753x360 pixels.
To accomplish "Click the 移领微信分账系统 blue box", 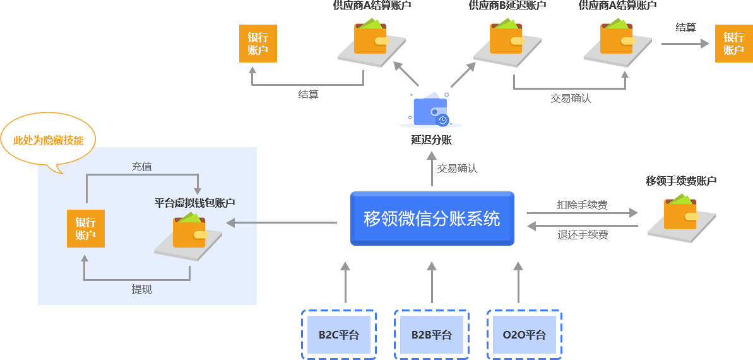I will click(432, 219).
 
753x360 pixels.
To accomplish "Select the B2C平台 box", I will click(339, 335).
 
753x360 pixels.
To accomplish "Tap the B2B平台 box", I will click(432, 335).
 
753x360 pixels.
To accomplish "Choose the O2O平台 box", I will click(524, 335).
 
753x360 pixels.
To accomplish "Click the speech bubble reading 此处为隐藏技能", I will click(49, 141).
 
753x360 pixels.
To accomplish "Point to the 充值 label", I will click(141, 167).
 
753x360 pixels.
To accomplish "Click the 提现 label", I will click(141, 289).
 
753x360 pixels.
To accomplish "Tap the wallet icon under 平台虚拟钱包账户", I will click(190, 233).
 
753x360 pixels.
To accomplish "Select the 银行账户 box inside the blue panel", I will click(85, 229).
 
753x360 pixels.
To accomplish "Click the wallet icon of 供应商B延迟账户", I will click(507, 36).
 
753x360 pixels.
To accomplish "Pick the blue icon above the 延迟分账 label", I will click(430, 110).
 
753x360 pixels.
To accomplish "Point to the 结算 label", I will click(308, 94).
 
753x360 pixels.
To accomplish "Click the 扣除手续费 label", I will click(582, 205).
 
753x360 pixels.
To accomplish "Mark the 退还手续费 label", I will click(582, 235).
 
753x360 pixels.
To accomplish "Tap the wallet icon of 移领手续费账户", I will click(682, 212).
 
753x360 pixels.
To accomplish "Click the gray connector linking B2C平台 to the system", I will click(345, 282).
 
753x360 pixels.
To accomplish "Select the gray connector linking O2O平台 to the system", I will click(518, 282).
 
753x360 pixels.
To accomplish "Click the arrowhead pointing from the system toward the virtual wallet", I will click(231, 222).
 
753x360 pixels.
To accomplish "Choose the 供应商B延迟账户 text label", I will click(507, 6).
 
